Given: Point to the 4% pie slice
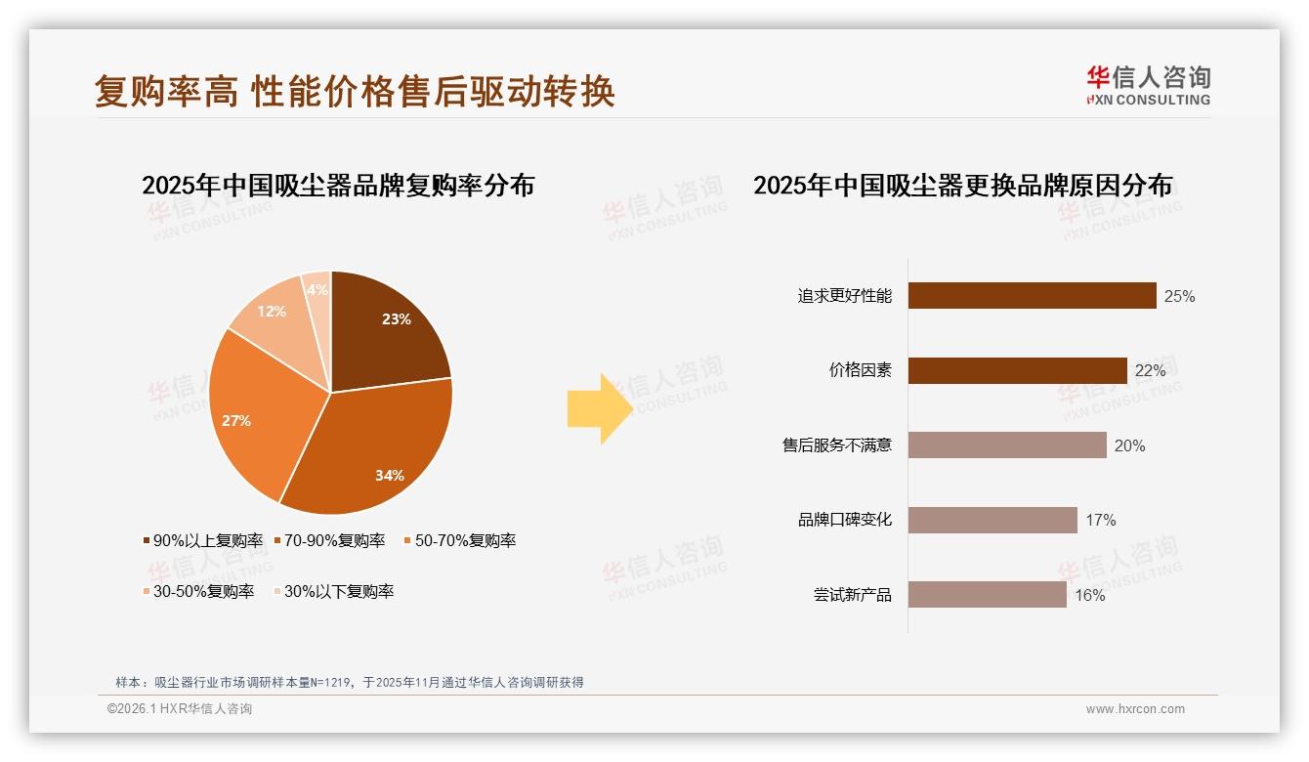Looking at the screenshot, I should coord(317,286).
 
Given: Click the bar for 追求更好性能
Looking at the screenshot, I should coord(1032,296).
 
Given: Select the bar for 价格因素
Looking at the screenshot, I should coord(1017,370).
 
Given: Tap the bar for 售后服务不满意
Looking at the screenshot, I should coord(1007,445).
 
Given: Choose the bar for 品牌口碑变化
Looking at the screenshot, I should coord(992,520).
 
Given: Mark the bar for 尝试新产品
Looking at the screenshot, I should coord(987,594).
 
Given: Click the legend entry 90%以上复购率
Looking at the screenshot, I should coord(203,540).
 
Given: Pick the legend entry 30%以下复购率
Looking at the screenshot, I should coord(333,591).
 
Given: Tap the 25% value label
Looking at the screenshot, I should coord(1179,296).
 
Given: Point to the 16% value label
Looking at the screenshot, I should coord(1089,595).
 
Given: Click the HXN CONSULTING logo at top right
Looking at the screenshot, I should coord(1148,85).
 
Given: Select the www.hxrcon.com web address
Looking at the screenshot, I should coord(1135,709).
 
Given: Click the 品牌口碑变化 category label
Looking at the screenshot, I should coord(844,520).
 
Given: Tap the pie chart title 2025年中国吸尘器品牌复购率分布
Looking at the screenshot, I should coord(338,186).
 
